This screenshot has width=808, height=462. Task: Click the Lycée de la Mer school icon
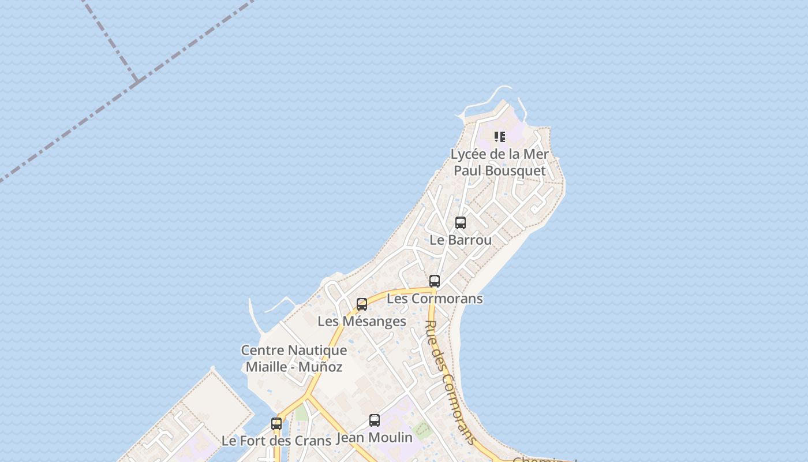(x=500, y=137)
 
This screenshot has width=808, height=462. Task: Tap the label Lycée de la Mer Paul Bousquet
(x=500, y=162)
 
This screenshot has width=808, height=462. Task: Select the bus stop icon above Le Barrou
(x=461, y=222)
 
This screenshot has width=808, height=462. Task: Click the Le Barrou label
(x=461, y=240)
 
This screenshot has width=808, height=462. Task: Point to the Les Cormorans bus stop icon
(x=435, y=281)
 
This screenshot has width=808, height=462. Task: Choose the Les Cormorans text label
(x=435, y=299)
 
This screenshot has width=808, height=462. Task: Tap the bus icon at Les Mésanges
(x=362, y=304)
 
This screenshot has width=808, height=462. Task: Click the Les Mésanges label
(x=362, y=321)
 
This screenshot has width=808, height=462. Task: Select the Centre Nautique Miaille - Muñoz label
(x=294, y=358)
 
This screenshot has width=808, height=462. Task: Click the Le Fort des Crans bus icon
(x=276, y=423)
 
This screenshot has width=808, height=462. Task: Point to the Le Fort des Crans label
(x=276, y=441)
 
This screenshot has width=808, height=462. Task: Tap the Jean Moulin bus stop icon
(x=375, y=420)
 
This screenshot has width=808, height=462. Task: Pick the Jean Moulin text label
(x=375, y=438)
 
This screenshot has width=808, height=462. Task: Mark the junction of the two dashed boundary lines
(x=136, y=80)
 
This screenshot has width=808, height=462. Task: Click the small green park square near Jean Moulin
(x=423, y=429)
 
